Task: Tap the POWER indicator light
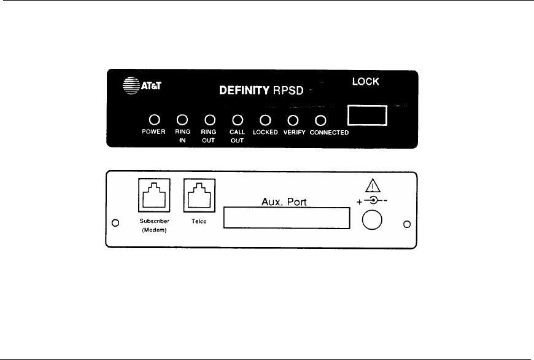155,120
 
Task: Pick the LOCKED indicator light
266,120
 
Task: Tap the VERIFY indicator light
293,120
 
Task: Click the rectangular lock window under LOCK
367,115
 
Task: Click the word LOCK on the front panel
365,81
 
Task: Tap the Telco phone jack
196,196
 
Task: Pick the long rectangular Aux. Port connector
287,218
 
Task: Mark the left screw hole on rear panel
115,222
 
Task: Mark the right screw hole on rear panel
406,223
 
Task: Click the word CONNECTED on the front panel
330,133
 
